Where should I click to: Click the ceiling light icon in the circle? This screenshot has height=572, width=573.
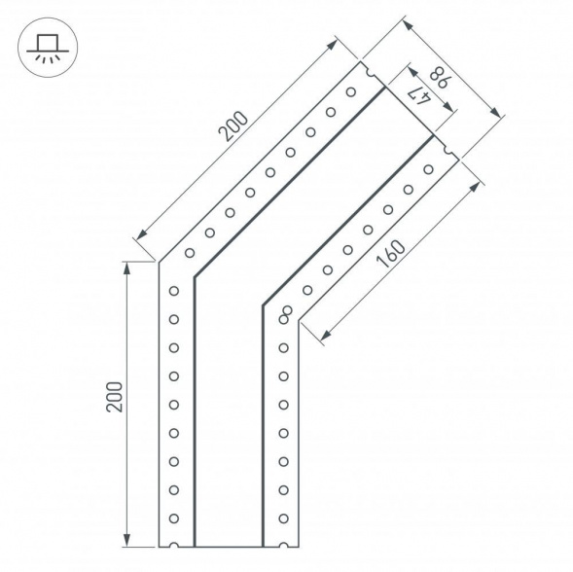[42, 47]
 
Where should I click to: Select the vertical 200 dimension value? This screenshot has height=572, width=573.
[115, 398]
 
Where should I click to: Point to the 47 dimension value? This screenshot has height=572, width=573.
[418, 93]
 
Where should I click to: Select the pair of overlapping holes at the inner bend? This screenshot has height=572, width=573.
[287, 312]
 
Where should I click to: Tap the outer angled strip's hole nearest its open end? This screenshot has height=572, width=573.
[351, 91]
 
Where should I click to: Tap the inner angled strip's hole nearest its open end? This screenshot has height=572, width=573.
[428, 169]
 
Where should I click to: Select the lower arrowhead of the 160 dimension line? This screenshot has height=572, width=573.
[323, 335]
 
